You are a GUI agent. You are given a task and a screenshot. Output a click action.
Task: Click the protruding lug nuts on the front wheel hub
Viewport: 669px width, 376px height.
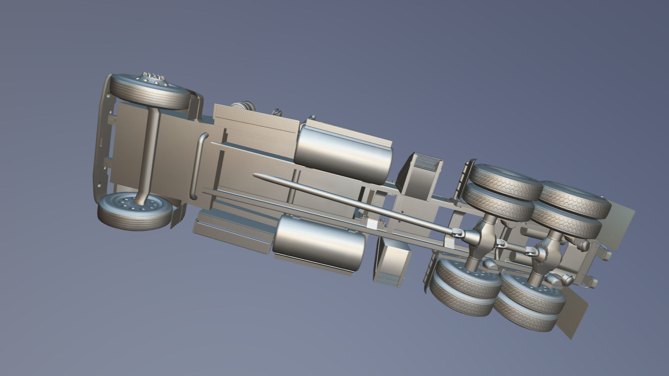153,77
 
